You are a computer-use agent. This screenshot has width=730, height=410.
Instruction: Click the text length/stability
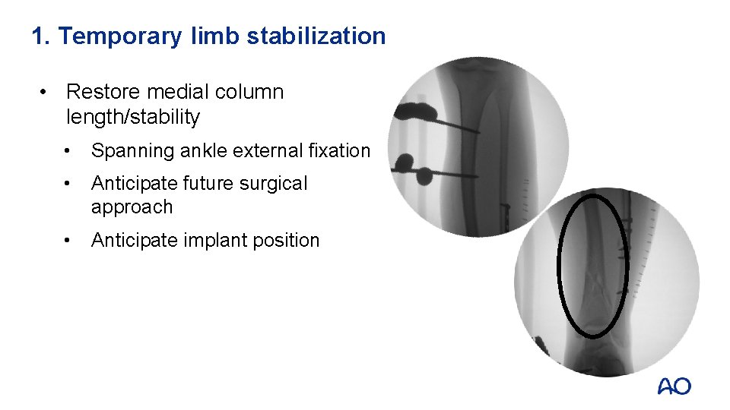coord(133,117)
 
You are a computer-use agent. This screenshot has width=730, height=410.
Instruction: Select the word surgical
coord(271,184)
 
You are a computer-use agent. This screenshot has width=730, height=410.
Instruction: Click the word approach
coord(132,207)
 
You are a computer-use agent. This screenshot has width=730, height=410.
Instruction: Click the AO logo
coord(674,386)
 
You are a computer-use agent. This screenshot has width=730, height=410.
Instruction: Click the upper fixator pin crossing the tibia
coord(456,125)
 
